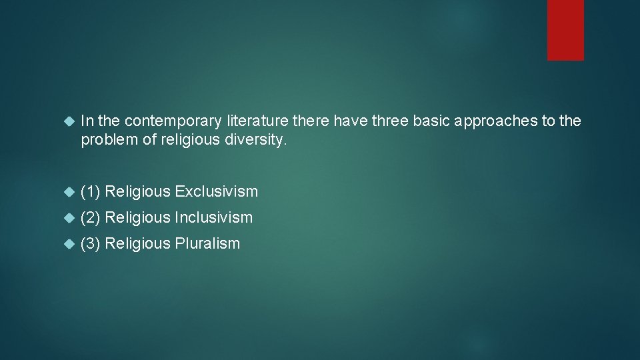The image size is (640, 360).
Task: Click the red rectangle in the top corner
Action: click(565, 30)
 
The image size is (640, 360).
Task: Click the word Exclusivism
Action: click(216, 192)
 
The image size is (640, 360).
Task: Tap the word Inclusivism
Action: click(214, 217)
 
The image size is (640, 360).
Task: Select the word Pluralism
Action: click(207, 243)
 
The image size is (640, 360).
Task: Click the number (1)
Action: click(91, 192)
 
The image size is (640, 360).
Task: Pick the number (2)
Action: click(91, 217)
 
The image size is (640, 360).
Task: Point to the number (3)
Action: click(91, 243)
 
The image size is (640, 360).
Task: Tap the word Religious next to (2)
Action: click(138, 217)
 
